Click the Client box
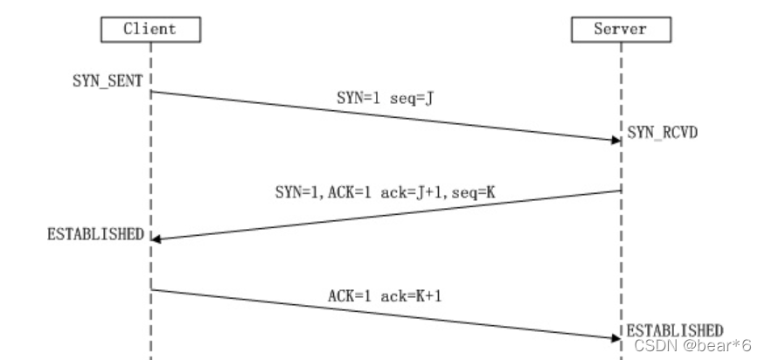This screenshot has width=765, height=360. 150,29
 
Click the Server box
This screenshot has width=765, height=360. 621,29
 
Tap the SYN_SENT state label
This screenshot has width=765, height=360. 108,80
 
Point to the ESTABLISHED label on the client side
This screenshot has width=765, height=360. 95,234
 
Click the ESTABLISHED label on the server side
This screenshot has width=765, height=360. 675,330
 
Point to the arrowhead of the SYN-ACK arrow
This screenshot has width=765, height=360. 156,239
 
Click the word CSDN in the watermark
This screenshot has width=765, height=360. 650,346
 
